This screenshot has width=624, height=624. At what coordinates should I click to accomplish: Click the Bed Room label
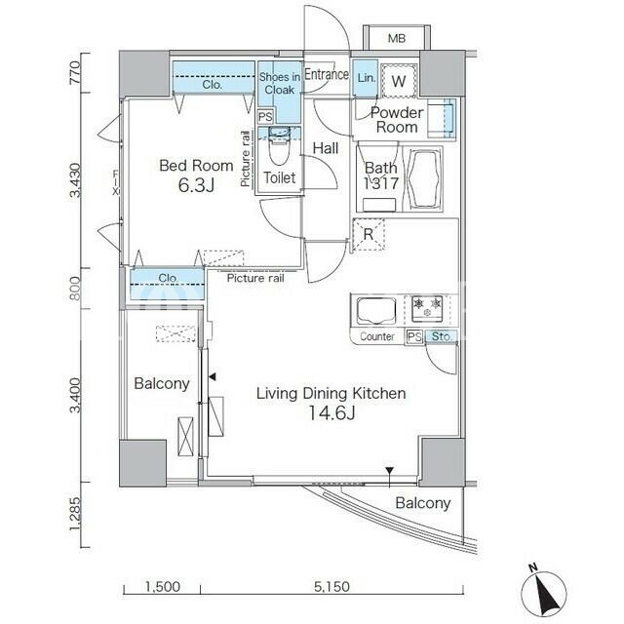196,166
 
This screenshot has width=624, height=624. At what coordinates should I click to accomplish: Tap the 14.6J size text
331,413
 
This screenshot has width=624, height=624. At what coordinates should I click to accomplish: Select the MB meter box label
397,38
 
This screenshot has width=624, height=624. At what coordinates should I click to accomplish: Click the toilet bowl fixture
280,146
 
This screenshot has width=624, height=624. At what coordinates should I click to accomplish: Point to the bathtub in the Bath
425,179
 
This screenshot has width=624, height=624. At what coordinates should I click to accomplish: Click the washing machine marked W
399,81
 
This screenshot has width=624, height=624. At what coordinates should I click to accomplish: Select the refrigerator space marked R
369,234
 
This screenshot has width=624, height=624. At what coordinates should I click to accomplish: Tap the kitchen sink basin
376,311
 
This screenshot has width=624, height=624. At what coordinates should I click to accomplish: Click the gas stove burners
427,308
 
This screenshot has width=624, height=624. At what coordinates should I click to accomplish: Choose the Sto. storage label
442,336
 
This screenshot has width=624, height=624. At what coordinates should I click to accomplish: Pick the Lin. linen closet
366,78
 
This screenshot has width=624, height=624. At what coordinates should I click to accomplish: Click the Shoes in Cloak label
280,83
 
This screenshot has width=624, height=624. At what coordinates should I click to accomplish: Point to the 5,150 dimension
331,586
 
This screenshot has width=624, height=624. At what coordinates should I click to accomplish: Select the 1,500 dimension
162,586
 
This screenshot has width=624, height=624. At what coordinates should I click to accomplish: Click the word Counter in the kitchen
377,336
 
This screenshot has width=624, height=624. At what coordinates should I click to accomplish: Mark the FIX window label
116,182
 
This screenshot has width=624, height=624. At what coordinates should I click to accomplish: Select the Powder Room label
397,120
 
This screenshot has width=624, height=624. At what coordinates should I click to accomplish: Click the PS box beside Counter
414,336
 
